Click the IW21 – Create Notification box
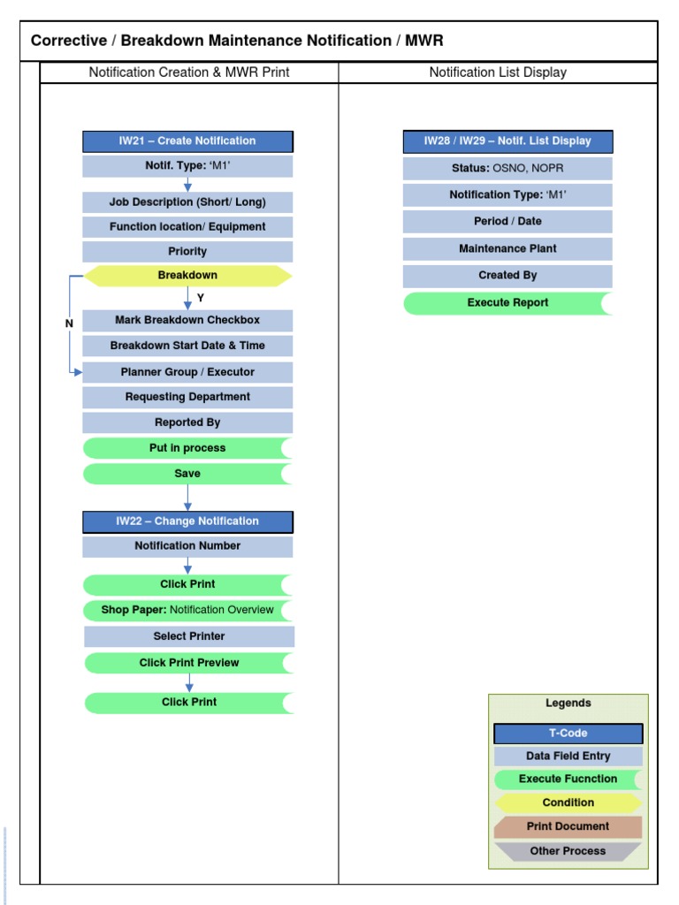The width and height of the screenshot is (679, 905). point(187,141)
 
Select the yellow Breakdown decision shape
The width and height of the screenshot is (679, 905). point(187,276)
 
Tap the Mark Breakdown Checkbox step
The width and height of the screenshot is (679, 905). point(187,320)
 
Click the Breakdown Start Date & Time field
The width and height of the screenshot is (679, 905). point(187,346)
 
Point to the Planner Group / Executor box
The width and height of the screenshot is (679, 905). point(187,372)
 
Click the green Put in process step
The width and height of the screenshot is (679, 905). point(187,448)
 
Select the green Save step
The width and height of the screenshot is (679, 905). point(187,474)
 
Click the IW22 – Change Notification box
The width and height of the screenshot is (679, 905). point(187,521)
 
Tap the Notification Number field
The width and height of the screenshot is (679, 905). point(187,546)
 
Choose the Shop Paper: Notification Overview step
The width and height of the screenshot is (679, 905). point(187,610)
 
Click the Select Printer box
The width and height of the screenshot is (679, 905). point(189,636)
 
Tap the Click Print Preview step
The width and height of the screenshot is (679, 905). point(189,663)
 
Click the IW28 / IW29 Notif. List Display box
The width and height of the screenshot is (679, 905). point(507,141)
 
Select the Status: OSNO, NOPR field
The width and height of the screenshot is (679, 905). point(507,168)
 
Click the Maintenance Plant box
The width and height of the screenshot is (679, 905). point(507,248)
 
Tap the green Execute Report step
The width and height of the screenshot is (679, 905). point(507,303)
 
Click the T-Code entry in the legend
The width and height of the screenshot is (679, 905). point(568,734)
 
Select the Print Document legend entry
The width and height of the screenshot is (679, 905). point(568,827)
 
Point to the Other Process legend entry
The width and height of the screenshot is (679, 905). point(568,851)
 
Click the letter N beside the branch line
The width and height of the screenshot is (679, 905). point(69,324)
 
